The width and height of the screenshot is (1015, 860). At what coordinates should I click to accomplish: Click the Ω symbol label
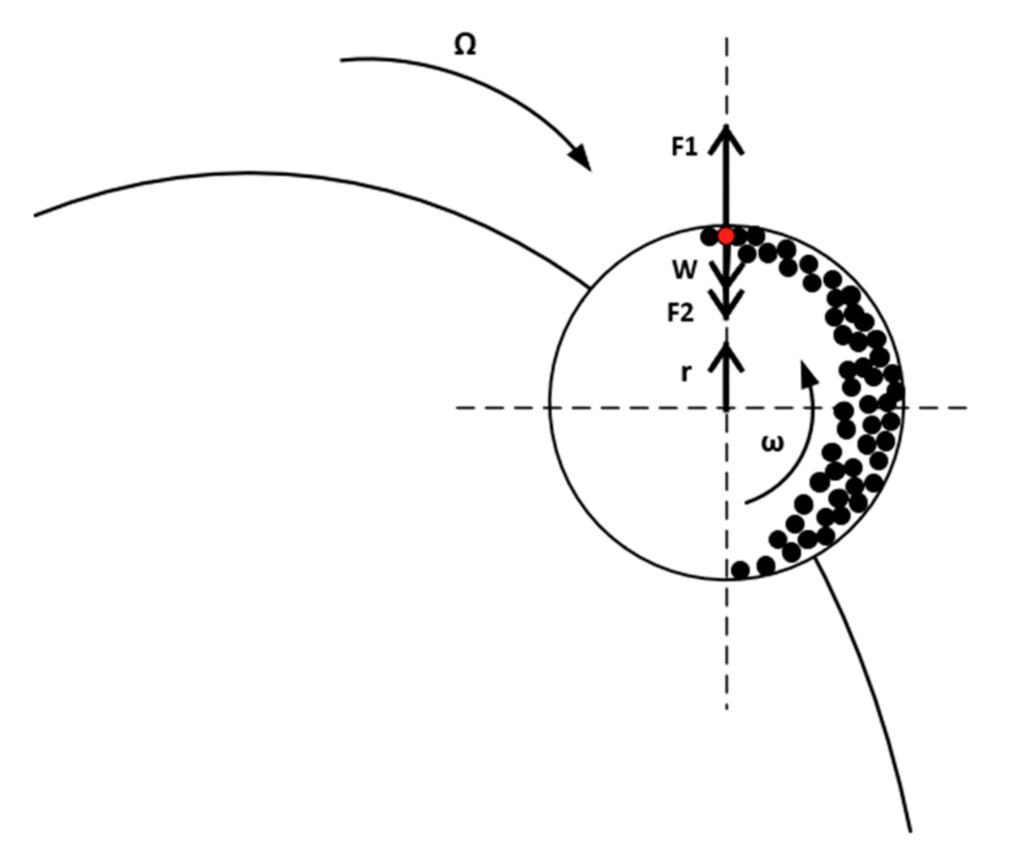coord(465,45)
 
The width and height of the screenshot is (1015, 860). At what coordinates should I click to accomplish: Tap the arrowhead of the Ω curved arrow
coord(583,160)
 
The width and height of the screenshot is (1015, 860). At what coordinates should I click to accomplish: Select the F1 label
coord(684,147)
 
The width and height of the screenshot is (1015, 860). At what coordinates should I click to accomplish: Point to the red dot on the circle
coord(726,236)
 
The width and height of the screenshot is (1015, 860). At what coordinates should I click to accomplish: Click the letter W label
coord(684,270)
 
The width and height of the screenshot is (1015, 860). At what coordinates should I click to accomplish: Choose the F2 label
coord(680,313)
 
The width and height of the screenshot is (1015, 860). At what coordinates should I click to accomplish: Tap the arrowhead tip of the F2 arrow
coord(726,316)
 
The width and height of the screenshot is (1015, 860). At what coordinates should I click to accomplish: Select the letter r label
coord(686,372)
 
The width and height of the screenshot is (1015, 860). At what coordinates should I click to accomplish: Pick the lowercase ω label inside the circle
coord(772,443)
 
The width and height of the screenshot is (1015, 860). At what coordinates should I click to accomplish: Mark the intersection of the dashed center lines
coord(726,407)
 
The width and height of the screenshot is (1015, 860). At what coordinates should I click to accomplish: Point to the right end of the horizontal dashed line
coord(966,407)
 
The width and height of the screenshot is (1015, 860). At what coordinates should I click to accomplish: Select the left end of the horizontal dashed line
coord(457,407)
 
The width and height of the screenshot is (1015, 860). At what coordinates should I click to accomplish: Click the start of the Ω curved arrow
coord(341,60)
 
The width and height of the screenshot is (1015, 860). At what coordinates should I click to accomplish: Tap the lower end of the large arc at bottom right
coord(910,831)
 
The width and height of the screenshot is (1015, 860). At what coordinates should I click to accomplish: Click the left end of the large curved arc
coord(35,216)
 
